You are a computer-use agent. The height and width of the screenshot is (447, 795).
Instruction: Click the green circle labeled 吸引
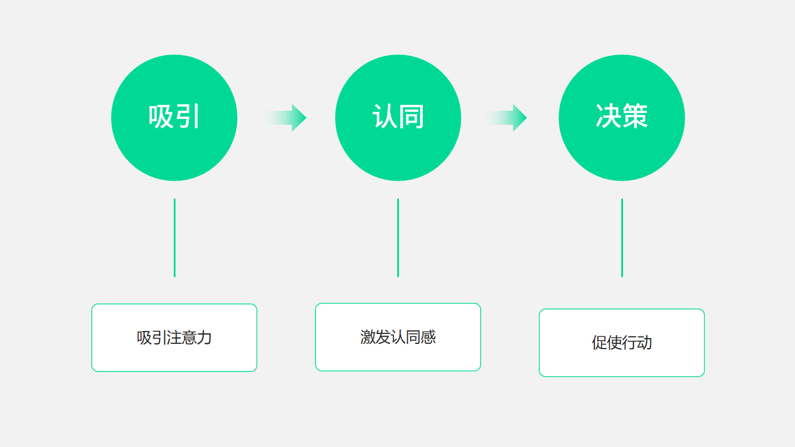(174, 118)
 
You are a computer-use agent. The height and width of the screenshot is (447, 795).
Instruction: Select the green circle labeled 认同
(398, 118)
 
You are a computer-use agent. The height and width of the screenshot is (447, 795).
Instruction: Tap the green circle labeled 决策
(622, 118)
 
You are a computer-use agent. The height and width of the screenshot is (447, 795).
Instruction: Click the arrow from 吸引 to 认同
(286, 118)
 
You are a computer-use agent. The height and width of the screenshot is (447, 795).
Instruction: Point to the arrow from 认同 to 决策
(506, 118)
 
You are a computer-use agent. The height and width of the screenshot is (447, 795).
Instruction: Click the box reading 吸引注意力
(174, 337)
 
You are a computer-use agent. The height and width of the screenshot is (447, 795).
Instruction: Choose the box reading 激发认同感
(398, 337)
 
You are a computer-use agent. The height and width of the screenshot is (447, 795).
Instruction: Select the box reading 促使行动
(622, 343)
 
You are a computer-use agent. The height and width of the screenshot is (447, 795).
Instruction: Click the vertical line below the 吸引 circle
(174, 238)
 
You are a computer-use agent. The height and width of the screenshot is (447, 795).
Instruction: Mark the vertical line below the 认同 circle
(398, 238)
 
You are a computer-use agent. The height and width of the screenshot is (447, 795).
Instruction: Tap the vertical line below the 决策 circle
(622, 238)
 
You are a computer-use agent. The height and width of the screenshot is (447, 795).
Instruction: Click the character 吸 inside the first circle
(161, 116)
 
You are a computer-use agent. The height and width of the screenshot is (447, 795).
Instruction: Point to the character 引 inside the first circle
(187, 116)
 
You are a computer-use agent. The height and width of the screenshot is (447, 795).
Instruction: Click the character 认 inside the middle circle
(384, 116)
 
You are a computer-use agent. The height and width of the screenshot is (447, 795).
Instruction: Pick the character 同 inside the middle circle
(411, 116)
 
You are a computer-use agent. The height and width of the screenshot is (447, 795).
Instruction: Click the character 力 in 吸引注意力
(204, 337)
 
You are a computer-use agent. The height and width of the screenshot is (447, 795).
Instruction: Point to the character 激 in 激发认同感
(368, 337)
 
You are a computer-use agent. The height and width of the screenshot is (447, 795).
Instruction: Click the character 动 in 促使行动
(645, 343)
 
